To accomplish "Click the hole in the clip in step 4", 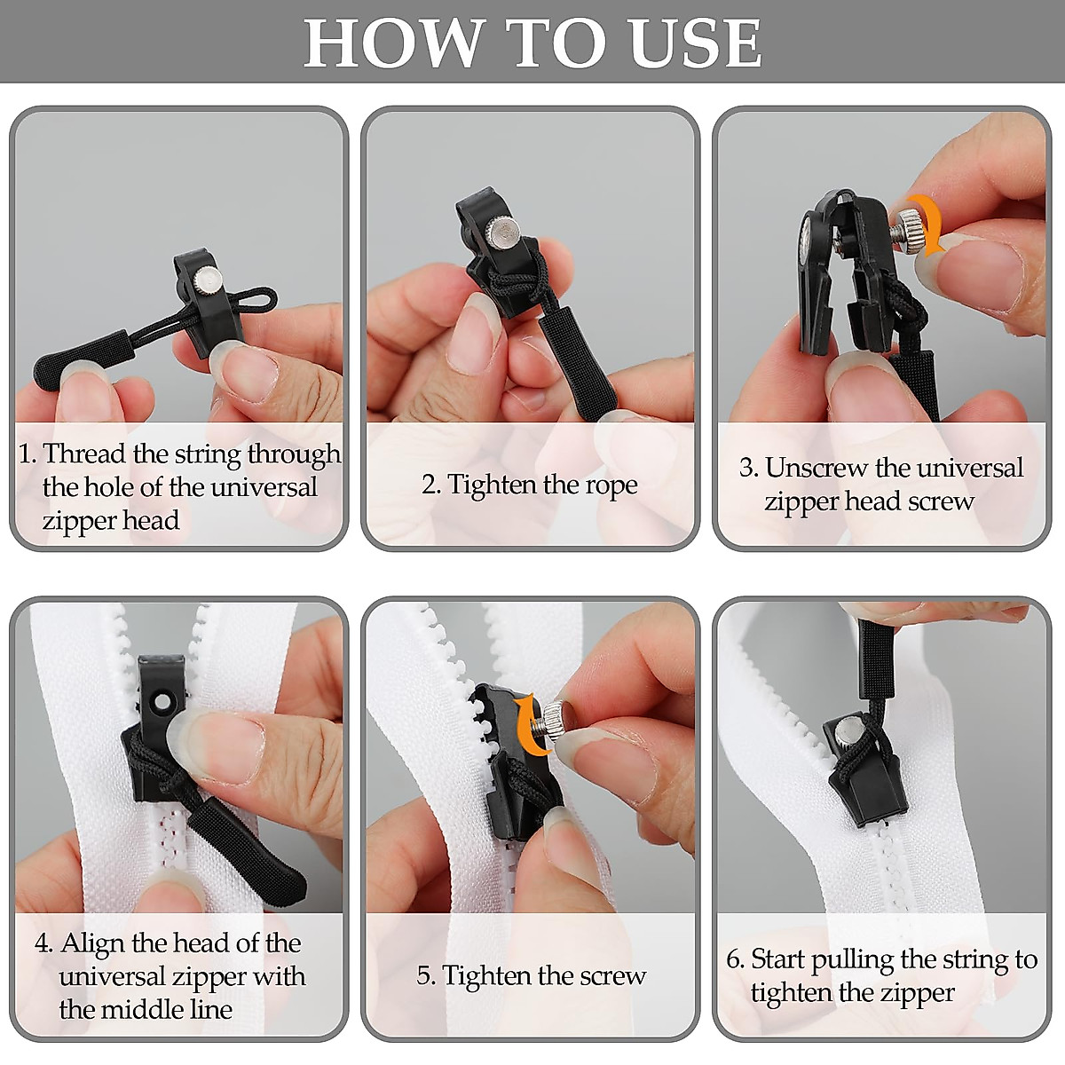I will pyautogui.click(x=162, y=704).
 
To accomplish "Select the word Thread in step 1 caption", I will pyautogui.click(x=84, y=454).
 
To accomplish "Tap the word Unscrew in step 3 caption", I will pyautogui.click(x=816, y=468).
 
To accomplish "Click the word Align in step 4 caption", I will pyautogui.click(x=94, y=943).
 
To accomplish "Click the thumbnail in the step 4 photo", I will pyautogui.click(x=217, y=737).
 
